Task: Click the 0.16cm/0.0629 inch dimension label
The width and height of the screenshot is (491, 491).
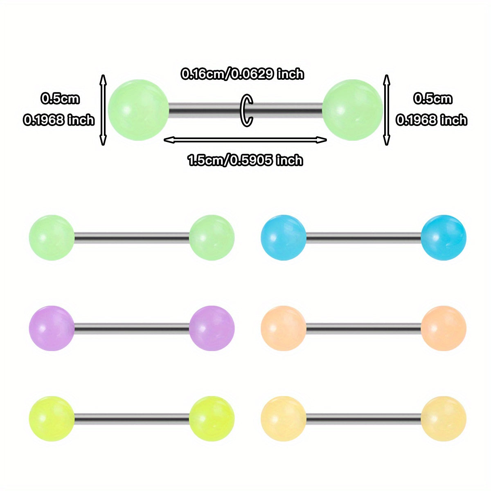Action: pyautogui.click(x=243, y=74)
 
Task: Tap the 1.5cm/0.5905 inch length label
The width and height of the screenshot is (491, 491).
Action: pyautogui.click(x=245, y=160)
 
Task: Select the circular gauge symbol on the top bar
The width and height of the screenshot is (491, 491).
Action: pyautogui.click(x=247, y=110)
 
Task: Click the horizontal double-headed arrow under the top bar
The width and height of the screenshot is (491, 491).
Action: pyautogui.click(x=245, y=140)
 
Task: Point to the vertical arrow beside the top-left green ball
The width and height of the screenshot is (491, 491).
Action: pyautogui.click(x=103, y=110)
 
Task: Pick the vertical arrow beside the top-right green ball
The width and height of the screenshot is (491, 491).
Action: pyautogui.click(x=386, y=110)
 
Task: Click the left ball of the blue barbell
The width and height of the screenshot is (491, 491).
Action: pyautogui.click(x=283, y=238)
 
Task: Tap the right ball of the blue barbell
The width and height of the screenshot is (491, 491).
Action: pyautogui.click(x=443, y=238)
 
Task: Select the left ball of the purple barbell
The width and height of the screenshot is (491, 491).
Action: pyautogui.click(x=52, y=328)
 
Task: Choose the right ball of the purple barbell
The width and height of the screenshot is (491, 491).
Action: pyautogui.click(x=212, y=328)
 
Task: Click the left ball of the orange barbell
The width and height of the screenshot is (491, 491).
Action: pyautogui.click(x=283, y=328)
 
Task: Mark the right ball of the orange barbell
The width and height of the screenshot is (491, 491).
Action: pyautogui.click(x=443, y=328)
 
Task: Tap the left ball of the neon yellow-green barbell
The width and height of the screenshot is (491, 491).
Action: pyautogui.click(x=52, y=419)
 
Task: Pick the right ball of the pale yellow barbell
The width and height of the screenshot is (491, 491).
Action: pyautogui.click(x=443, y=419)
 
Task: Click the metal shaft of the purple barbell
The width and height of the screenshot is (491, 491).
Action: pyautogui.click(x=132, y=328)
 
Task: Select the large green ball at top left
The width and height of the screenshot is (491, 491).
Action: pyautogui.click(x=138, y=110)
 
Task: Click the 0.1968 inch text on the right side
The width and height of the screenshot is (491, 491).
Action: pyautogui.click(x=431, y=120)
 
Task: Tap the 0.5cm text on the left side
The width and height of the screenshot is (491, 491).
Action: pyautogui.click(x=60, y=99)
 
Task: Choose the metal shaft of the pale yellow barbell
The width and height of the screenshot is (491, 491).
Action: pyautogui.click(x=363, y=418)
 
